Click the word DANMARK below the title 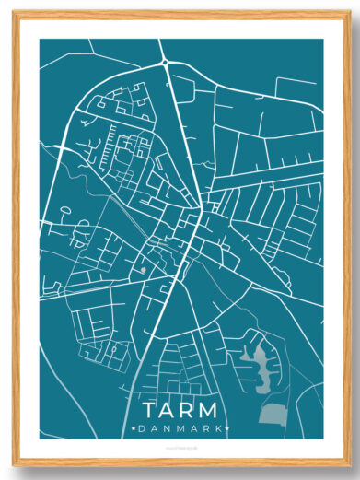(180, 428)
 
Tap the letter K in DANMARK (215, 428)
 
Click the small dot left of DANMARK (134, 428)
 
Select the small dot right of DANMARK (226, 428)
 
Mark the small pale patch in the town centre (143, 269)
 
